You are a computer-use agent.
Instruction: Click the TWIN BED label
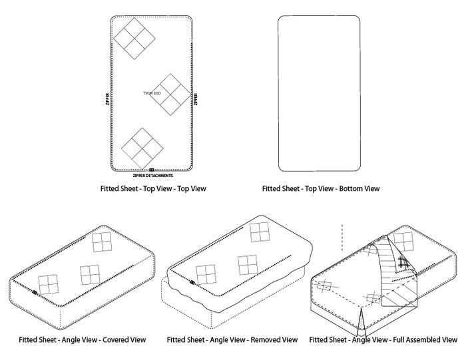(152, 94)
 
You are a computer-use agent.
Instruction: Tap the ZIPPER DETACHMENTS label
(152, 176)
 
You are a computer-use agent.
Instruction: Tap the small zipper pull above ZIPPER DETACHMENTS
(152, 170)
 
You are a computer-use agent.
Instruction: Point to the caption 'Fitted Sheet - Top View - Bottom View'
(321, 189)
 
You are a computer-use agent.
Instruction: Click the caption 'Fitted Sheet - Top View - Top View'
(152, 189)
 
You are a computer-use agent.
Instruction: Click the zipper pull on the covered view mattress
(35, 291)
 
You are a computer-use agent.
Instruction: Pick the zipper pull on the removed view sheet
(192, 282)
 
